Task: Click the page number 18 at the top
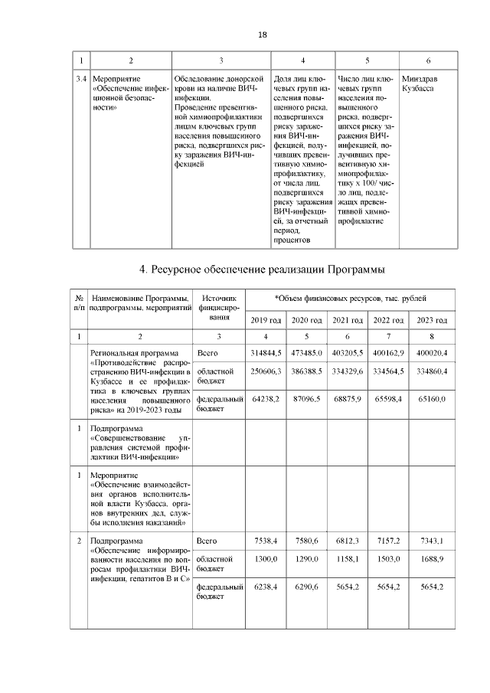[x=263, y=35]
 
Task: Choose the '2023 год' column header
[x=431, y=319]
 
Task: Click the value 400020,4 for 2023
[x=431, y=352]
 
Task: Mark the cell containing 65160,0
[x=432, y=399]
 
